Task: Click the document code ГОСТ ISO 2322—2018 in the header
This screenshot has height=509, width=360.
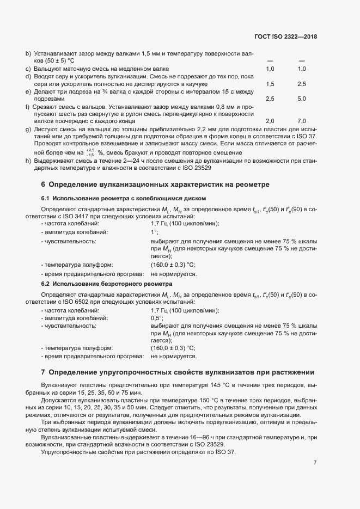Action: tap(285, 36)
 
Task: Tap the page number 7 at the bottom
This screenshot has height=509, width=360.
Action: tap(315, 463)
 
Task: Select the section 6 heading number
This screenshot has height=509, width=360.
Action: tap(43, 185)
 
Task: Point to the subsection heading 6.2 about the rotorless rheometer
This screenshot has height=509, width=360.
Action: tap(107, 284)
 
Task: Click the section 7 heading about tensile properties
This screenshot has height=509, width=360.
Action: tap(178, 372)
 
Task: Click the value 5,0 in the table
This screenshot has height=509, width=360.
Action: tap(301, 100)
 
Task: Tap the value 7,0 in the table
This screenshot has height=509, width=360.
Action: tap(301, 121)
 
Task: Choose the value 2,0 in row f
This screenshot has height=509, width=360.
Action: tap(270, 121)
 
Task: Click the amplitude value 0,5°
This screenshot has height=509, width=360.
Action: tap(157, 317)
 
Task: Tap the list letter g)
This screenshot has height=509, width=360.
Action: tap(28, 128)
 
